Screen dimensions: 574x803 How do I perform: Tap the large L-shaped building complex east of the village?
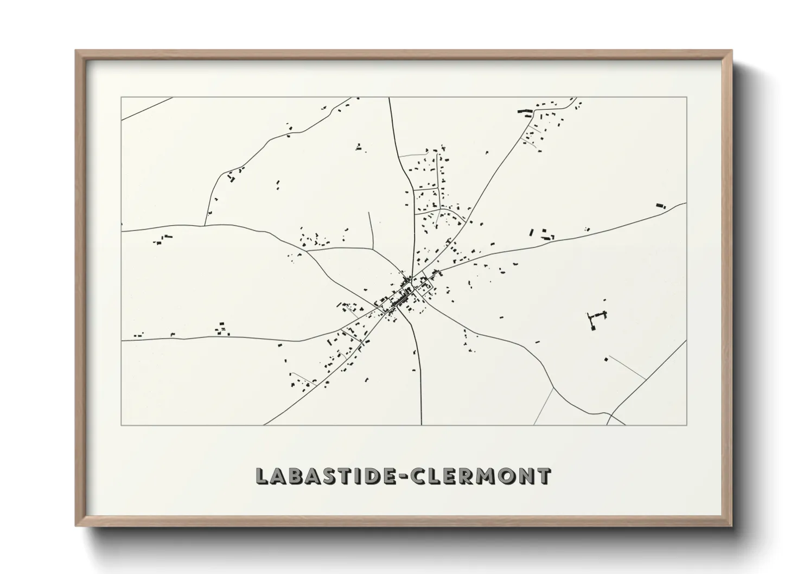pyautogui.click(x=596, y=318)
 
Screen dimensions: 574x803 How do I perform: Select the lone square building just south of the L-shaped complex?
pyautogui.click(x=606, y=359)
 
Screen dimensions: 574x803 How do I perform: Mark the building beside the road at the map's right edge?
pyautogui.click(x=660, y=206)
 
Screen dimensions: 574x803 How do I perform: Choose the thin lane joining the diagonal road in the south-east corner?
pyautogui.click(x=627, y=367)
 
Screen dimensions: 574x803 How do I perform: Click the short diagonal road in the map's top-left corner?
pyautogui.click(x=146, y=109)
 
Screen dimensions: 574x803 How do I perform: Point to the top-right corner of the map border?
pyautogui.click(x=686, y=97)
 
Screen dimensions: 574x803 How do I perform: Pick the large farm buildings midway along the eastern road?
pyautogui.click(x=543, y=234)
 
